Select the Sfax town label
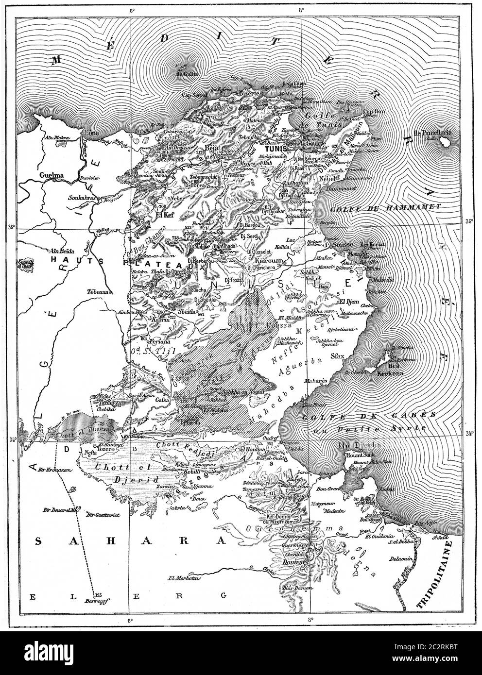(x=350, y=356)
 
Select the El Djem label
(x=348, y=302)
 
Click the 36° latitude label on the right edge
(x=469, y=221)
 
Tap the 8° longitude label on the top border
(x=302, y=10)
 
